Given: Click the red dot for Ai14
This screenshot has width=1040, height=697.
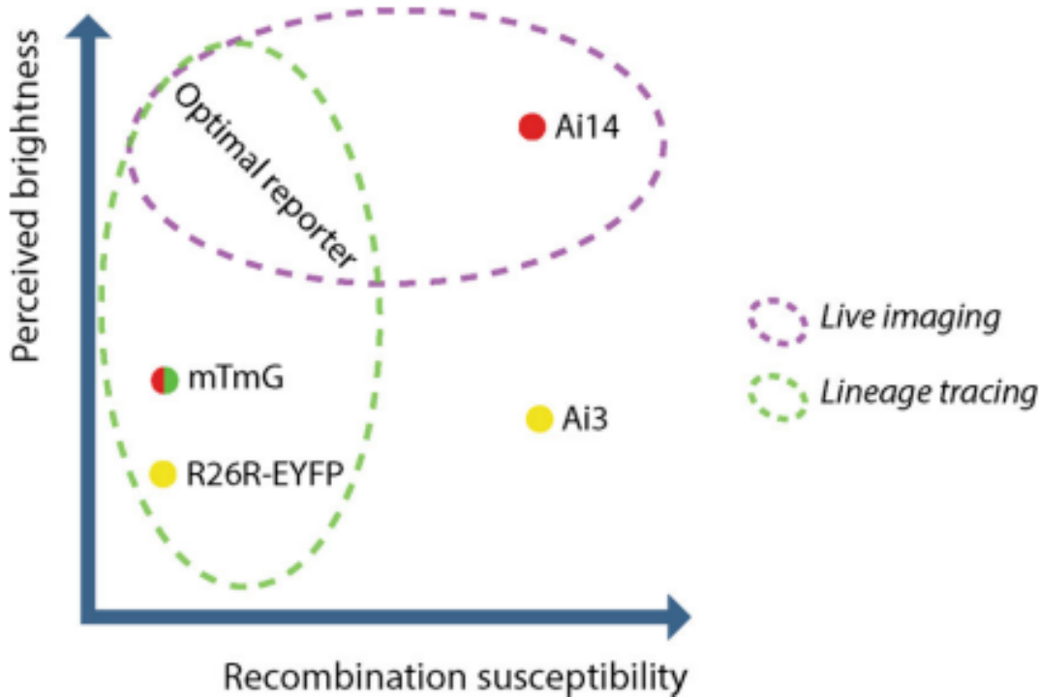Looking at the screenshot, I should [x=533, y=127].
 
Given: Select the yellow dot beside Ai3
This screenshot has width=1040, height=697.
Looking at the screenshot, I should [x=540, y=418].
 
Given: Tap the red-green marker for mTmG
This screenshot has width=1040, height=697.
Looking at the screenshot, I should [x=165, y=379].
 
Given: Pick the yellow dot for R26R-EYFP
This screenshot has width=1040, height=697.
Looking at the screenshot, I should [x=164, y=473].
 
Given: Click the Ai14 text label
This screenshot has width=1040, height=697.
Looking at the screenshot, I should [x=587, y=128].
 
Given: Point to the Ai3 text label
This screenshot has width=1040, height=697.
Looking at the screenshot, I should [x=585, y=419].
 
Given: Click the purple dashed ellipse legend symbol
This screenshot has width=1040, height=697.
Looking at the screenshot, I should [x=777, y=320].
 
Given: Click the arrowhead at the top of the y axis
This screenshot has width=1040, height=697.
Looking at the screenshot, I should [x=89, y=29].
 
